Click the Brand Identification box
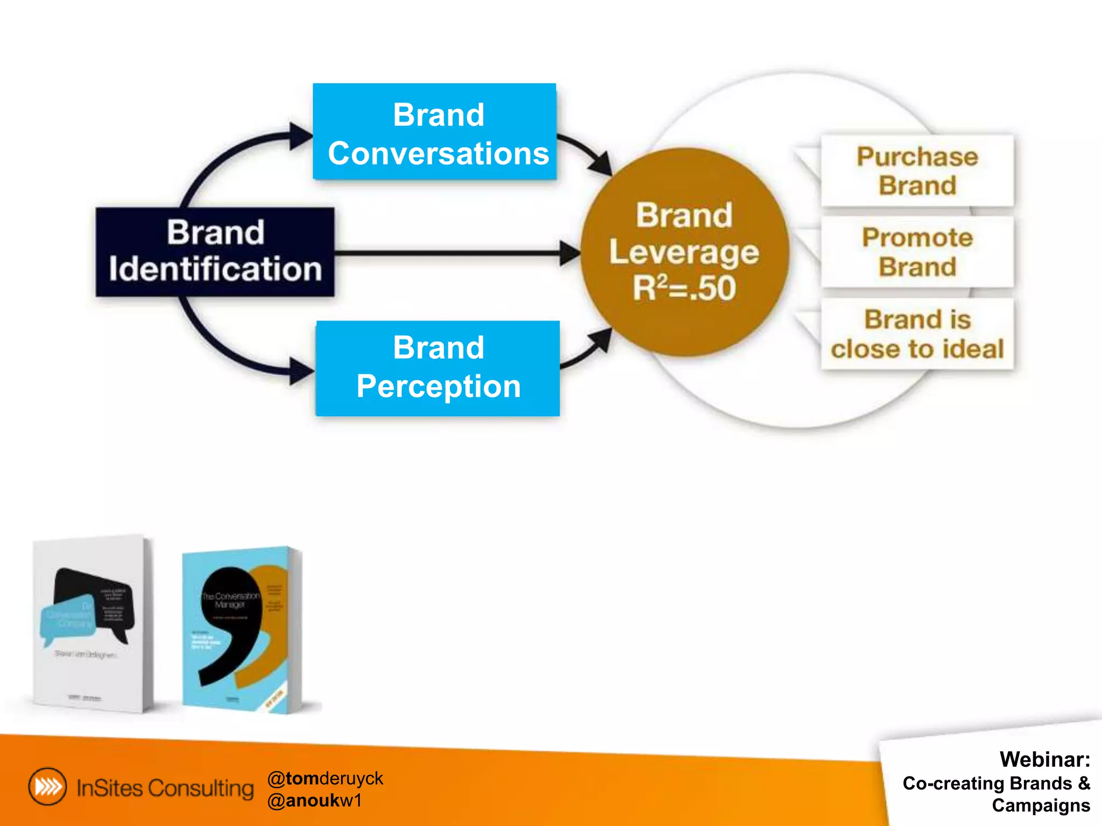coord(215,252)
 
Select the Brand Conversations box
coord(435,132)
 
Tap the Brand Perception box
coord(438,368)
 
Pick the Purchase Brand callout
coord(917,171)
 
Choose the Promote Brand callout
coord(917,252)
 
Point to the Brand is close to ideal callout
coord(917,334)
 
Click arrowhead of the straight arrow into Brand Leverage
coord(569,253)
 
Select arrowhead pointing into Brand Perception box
coord(301,371)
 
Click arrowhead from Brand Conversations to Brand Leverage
coord(602,163)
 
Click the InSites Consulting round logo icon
coord(48,787)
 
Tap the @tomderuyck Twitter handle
coord(325,778)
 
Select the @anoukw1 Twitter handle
coord(315,801)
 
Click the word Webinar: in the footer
coord(1044,759)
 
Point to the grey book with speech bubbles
coord(91,624)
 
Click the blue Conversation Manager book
coord(241,629)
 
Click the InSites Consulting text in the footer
coord(165,788)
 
